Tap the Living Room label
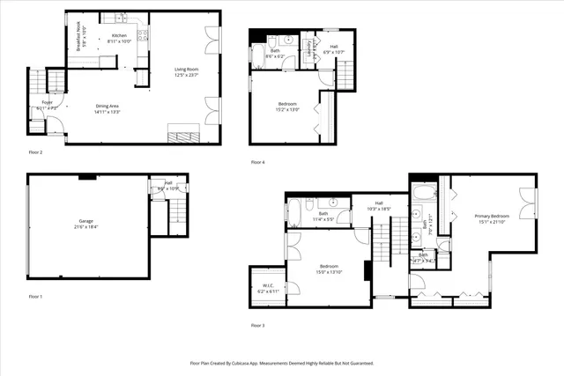(186, 69)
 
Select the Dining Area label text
(108, 107)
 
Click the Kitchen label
(119, 36)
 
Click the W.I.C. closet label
(266, 285)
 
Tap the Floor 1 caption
(36, 296)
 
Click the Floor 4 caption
(257, 162)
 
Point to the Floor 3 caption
(257, 325)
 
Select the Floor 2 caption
(36, 151)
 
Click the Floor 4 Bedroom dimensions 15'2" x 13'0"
(288, 109)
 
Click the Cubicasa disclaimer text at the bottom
(282, 363)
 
